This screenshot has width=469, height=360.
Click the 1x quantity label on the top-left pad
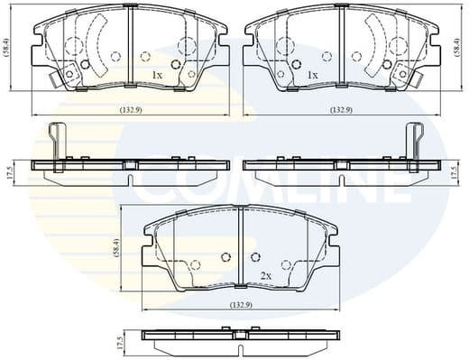coord(157,75)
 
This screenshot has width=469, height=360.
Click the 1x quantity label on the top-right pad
coord(313,75)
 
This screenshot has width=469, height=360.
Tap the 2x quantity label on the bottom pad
coord(266,274)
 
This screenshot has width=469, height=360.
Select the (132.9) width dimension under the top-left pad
coord(131,109)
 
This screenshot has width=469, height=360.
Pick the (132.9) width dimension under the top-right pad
coord(339,109)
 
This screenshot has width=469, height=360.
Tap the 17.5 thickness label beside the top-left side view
coord(9,171)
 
